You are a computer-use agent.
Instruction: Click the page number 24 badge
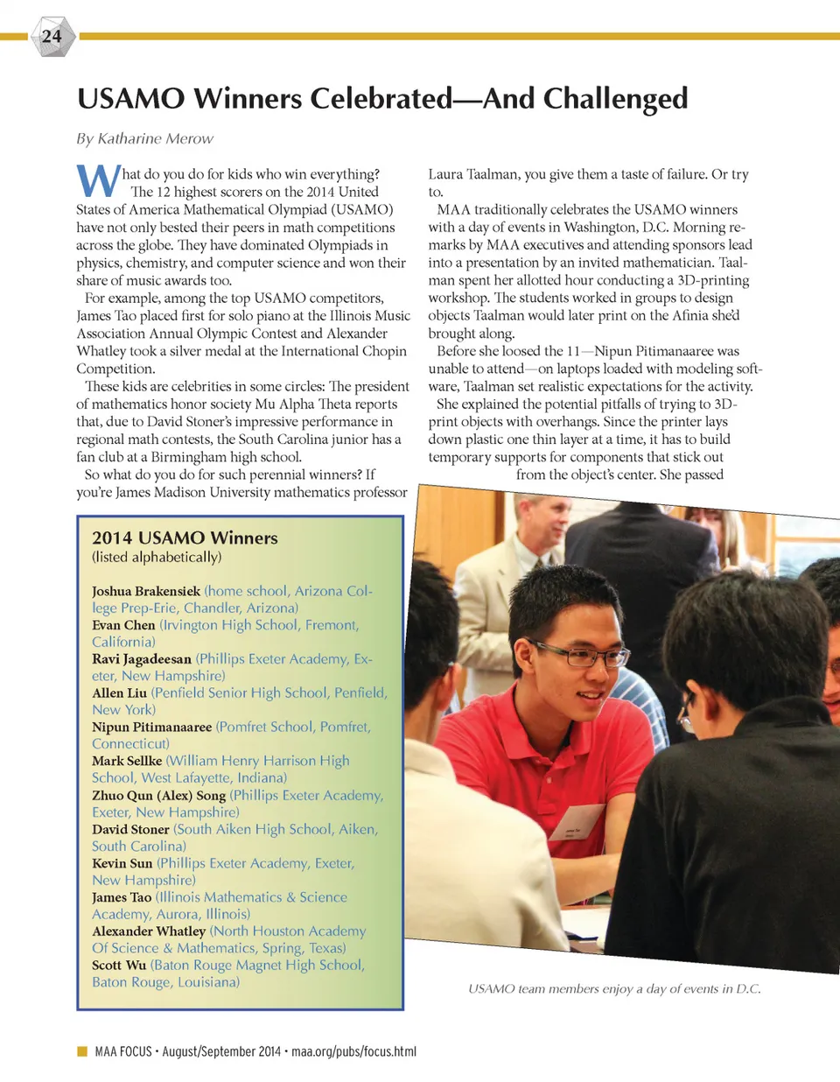pos(52,37)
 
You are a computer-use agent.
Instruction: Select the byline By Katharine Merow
pos(144,138)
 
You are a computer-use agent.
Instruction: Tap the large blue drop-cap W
pos(97,181)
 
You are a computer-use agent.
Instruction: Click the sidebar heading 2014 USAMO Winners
pos(185,537)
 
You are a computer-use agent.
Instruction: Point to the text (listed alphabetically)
pos(157,557)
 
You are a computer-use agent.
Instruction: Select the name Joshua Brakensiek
pos(146,591)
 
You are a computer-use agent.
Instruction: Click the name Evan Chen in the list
pos(123,625)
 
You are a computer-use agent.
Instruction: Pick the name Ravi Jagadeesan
pos(142,659)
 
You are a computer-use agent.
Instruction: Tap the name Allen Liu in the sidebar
pos(119,693)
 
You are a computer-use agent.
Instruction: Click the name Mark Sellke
pos(127,761)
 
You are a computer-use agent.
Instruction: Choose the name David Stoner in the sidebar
pos(130,829)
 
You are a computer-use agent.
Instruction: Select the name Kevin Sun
pos(122,863)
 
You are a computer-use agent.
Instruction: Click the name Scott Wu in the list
pos(119,965)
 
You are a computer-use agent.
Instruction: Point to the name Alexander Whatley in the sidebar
pos(149,931)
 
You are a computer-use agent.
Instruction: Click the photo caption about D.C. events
pos(614,988)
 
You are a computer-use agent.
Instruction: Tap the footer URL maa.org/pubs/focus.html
pos(353,1051)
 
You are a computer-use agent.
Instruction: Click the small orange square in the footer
pos(82,1050)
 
